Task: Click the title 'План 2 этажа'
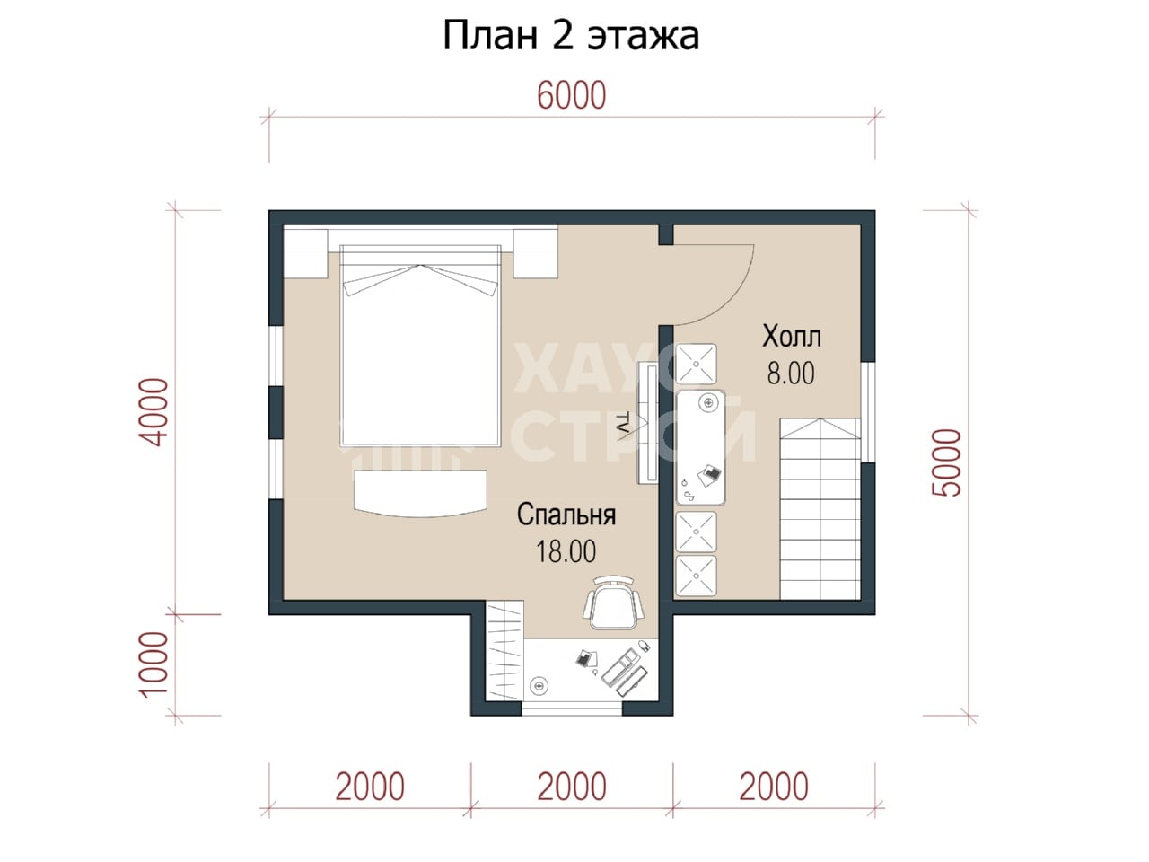coord(571,36)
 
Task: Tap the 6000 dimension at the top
coord(572,95)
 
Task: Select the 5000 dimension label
coord(947,462)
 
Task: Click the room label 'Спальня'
coord(566,515)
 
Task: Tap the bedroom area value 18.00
coord(566,551)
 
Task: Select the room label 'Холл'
coord(792,337)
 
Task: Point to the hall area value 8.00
coord(791,374)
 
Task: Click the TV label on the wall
coord(622,423)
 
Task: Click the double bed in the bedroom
coord(420,346)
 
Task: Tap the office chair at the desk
coord(613,603)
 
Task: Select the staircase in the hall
coord(820,508)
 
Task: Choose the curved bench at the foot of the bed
coord(420,494)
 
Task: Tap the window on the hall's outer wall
coord(868,412)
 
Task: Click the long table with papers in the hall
coord(700,448)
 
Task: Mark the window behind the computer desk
coord(572,708)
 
